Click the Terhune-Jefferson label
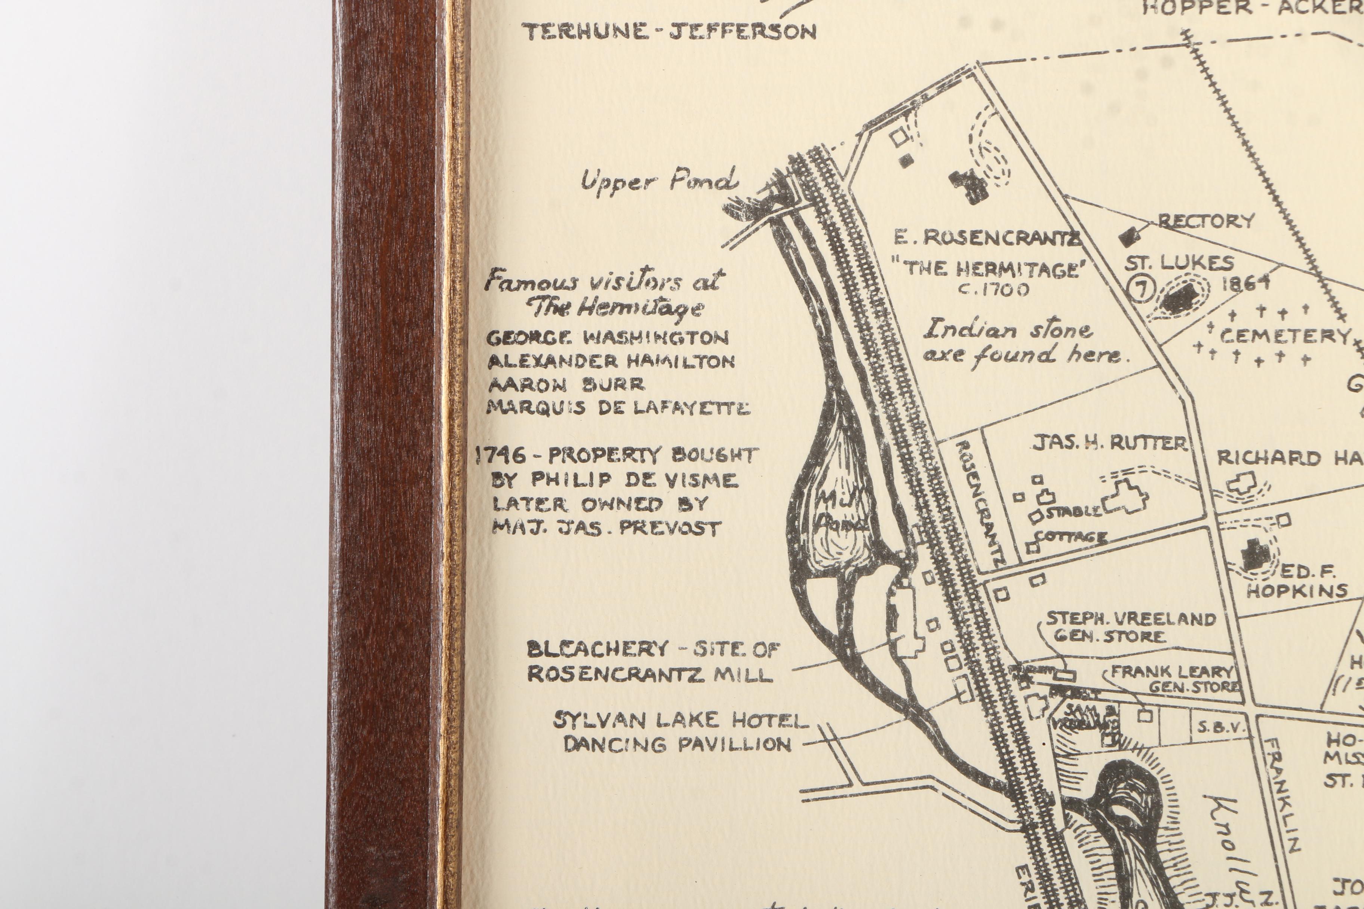coord(669,32)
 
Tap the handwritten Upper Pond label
coord(660,181)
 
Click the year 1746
coord(501,456)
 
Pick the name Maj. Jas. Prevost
coord(606,527)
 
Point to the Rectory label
coord(1206,221)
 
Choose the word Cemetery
coord(1285,336)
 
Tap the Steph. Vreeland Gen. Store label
coord(1130,627)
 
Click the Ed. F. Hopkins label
coord(1297,582)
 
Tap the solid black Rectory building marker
coord(1128,235)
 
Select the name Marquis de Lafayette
coord(618,408)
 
